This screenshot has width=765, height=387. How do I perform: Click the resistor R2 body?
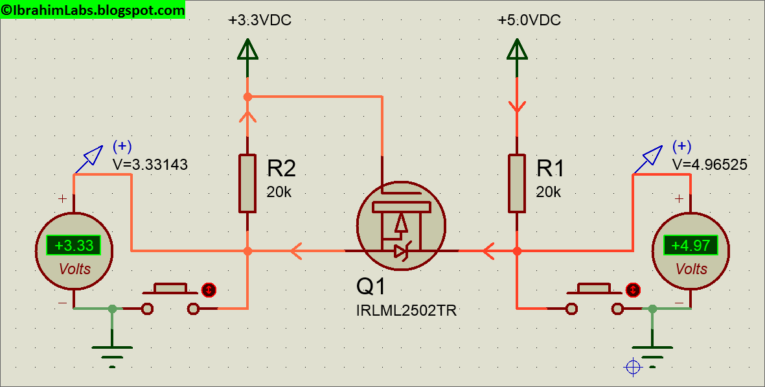pos(247,183)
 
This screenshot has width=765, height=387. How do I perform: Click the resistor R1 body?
pos(516,183)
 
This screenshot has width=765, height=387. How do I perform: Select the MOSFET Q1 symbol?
pos(401,225)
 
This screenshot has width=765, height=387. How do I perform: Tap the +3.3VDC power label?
pos(260,21)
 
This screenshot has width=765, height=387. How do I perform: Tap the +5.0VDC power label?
pos(529,21)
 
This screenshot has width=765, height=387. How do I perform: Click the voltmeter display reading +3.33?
pos(74,246)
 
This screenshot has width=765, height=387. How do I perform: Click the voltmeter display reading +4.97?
pos(691,246)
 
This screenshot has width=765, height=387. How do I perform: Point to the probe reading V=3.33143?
pos(150,165)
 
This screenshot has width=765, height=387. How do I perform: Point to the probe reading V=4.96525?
pos(710,165)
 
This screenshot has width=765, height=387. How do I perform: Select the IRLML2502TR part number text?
pos(406,311)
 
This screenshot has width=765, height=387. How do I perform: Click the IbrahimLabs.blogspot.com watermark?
pos(93,10)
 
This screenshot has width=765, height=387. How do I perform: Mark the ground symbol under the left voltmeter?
pos(112,353)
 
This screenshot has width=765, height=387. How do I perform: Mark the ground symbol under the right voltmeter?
pos(652,353)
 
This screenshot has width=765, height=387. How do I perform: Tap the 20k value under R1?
pos(548,193)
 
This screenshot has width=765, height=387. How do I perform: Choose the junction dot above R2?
pos(247,97)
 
